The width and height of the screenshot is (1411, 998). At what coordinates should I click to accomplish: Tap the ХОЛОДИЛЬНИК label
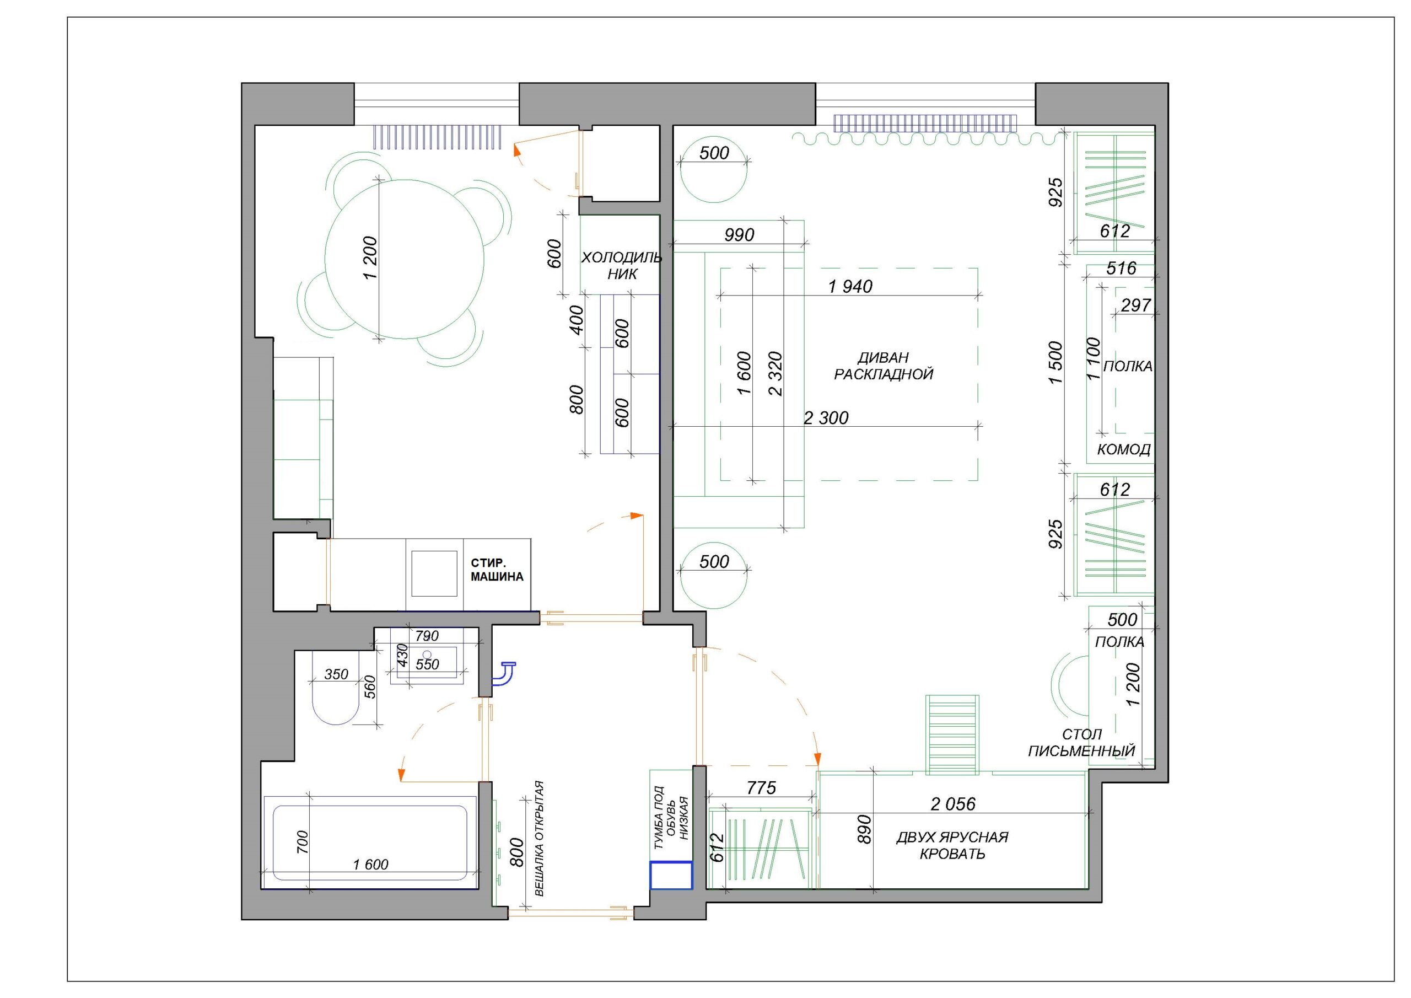621,266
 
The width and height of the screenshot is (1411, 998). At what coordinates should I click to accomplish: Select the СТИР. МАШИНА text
497,570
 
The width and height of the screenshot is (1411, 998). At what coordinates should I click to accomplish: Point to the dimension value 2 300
826,418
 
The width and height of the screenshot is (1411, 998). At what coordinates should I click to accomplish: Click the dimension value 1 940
850,286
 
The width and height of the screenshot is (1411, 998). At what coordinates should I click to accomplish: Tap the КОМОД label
1123,449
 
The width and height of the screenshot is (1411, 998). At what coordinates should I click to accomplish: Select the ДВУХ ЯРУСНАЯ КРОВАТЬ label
952,845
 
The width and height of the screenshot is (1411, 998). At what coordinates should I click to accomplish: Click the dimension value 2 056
953,804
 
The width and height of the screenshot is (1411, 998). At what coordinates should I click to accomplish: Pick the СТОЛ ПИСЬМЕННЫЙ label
1081,742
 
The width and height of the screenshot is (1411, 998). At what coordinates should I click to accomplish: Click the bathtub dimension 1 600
370,865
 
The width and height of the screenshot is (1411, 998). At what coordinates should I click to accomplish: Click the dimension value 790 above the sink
427,636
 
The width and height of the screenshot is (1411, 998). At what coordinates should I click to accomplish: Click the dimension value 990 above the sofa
739,235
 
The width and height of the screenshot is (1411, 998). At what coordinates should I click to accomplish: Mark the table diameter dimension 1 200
370,258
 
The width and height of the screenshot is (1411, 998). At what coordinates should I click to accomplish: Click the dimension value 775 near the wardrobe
761,788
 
